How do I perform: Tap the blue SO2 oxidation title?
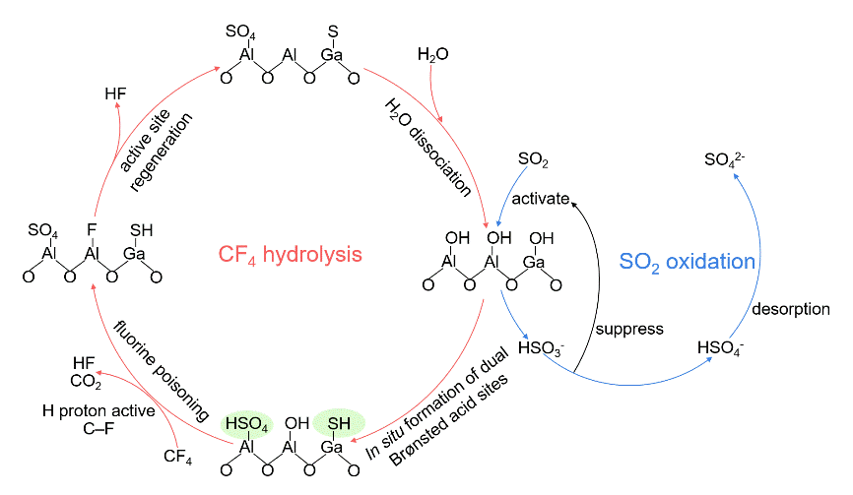coord(688,262)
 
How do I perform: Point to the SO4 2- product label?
coord(730,160)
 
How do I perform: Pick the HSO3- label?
coord(540,348)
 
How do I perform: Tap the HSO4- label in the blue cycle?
coord(720,347)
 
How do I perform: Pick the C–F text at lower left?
coord(98,428)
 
